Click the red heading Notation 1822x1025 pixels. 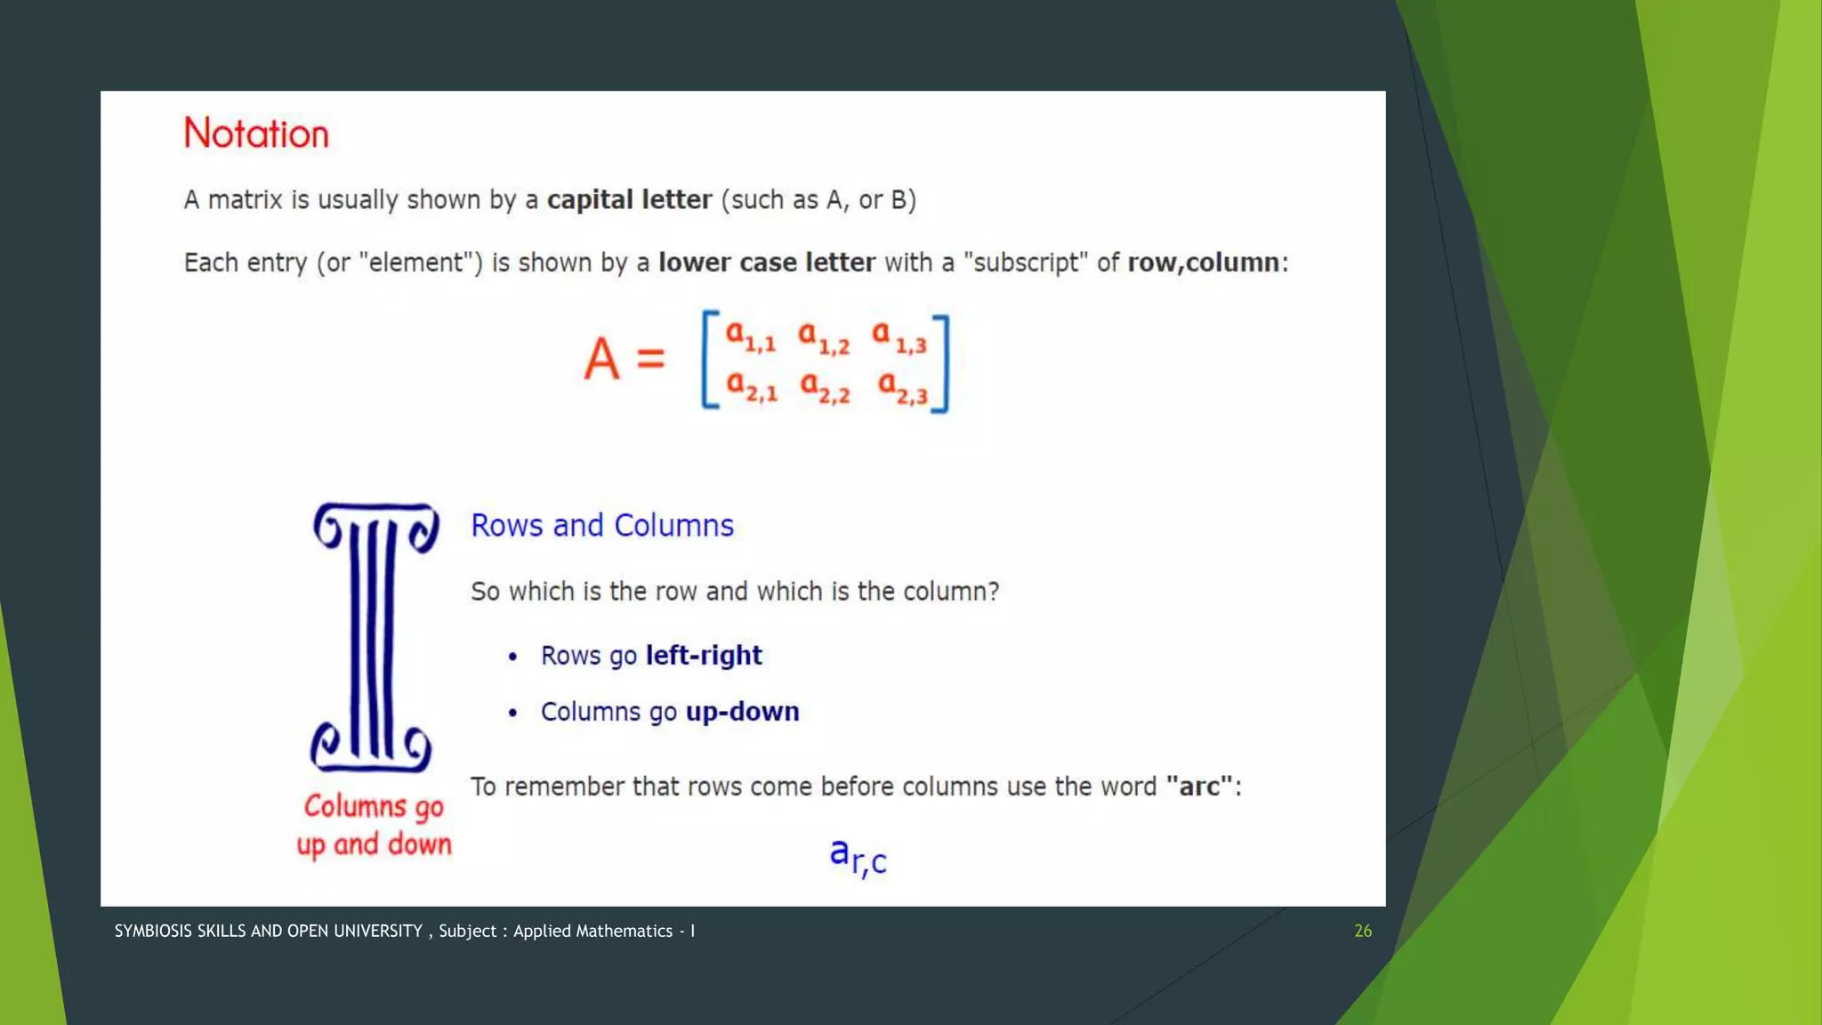[256, 133]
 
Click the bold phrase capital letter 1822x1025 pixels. [629, 199]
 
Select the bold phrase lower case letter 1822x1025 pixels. [766, 262]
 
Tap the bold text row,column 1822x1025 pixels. [1203, 262]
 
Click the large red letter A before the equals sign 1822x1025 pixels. [601, 359]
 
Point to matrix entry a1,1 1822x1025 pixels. [750, 336]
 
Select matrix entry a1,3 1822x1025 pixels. [899, 336]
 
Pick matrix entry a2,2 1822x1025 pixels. [825, 387]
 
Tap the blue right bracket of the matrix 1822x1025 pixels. [942, 363]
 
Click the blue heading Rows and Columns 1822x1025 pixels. [602, 525]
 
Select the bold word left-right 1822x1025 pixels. [704, 656]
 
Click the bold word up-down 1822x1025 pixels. [742, 712]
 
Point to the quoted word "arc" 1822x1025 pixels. [1199, 787]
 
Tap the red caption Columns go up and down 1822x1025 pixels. [374, 825]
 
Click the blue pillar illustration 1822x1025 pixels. [375, 637]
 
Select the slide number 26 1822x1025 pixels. [1362, 931]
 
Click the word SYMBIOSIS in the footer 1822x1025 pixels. [154, 931]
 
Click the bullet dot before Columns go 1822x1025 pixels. [512, 713]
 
